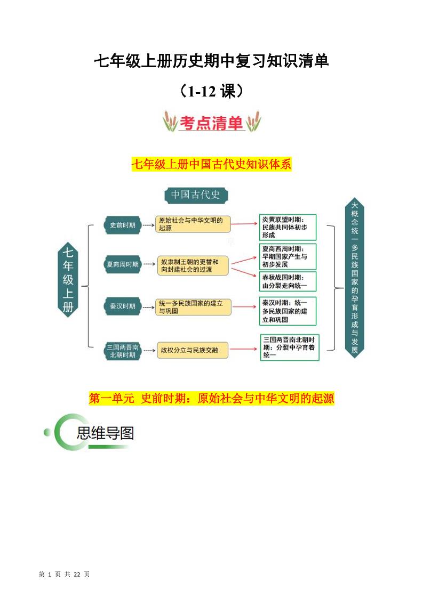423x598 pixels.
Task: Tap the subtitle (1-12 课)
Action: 212,91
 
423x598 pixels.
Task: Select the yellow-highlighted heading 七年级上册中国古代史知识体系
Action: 211,164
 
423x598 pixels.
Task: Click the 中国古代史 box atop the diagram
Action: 195,195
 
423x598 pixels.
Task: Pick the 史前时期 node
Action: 122,225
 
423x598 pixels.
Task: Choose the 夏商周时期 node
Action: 122,264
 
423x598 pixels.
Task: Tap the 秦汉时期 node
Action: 122,306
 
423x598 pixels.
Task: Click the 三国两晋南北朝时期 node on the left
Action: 122,351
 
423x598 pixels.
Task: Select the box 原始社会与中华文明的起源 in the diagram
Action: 193,224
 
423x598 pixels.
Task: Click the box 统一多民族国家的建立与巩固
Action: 193,306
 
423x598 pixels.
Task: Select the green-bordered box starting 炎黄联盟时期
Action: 288,227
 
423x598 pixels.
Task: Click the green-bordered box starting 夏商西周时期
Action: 288,256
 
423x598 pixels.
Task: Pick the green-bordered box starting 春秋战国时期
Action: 288,281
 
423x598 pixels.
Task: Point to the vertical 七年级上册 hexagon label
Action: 68,279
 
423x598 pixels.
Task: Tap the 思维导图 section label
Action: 105,433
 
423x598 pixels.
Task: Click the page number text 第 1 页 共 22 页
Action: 65,574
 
